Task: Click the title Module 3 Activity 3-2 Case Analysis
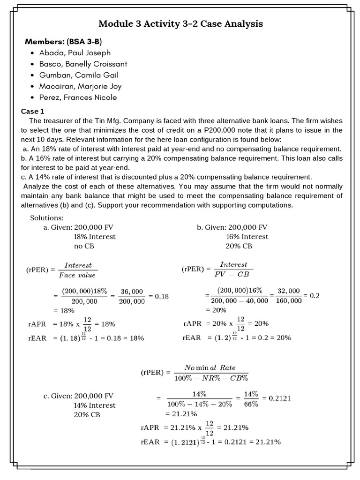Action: [x=180, y=24]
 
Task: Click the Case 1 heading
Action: [x=33, y=112]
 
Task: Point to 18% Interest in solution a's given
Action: [x=95, y=237]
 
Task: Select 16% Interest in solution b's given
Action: [x=247, y=237]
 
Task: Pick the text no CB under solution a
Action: [x=84, y=246]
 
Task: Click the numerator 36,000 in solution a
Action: [x=132, y=292]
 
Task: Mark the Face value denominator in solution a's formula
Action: [x=76, y=275]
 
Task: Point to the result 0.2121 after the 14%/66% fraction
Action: [x=279, y=398]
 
